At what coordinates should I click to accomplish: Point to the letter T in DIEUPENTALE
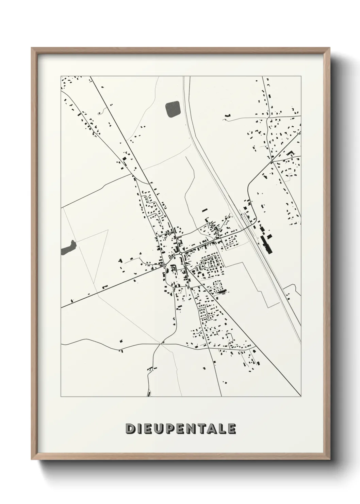pyautogui.click(x=202, y=428)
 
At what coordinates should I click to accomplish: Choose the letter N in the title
pyautogui.click(x=192, y=428)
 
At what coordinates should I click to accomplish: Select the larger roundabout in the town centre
pyautogui.click(x=180, y=253)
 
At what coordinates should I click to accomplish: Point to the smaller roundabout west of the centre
pyautogui.click(x=165, y=265)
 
